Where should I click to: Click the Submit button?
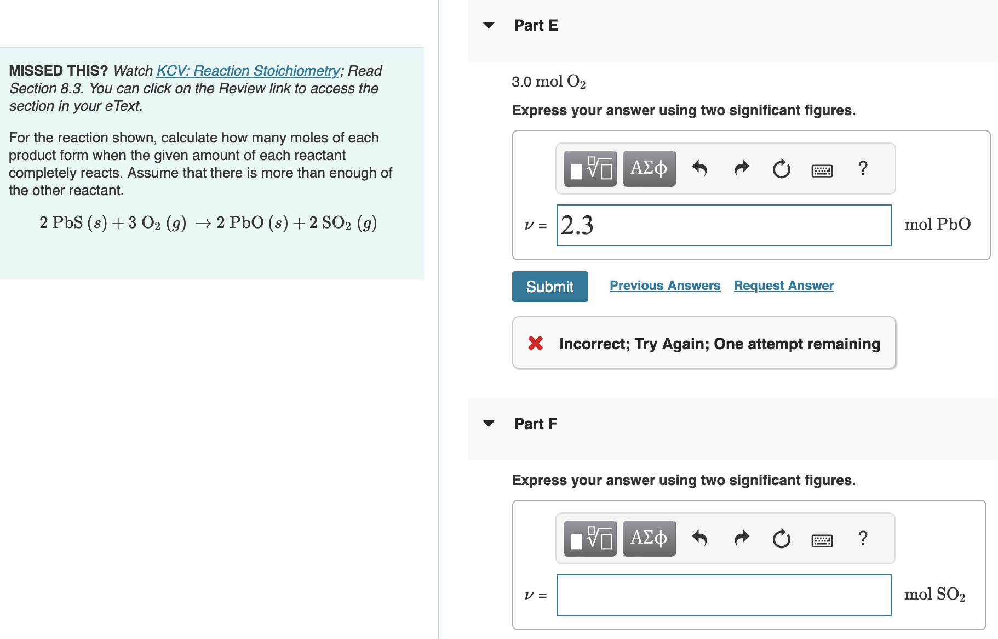pos(549,287)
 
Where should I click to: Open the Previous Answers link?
pos(665,286)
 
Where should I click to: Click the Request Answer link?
pos(783,286)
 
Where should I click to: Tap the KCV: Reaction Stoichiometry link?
pos(248,71)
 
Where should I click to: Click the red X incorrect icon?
pos(535,344)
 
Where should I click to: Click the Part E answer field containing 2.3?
pos(723,225)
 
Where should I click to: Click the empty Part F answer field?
pos(723,595)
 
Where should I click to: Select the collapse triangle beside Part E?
pos(489,25)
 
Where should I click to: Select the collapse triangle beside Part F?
pos(489,424)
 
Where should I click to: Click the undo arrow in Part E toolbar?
pos(699,168)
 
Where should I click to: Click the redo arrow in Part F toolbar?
pos(741,538)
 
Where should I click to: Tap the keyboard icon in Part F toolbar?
pos(822,541)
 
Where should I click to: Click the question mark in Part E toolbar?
pos(863,168)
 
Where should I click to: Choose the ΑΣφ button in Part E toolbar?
pos(649,168)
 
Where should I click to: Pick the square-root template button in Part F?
pos(590,538)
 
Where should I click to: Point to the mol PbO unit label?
pos(937,224)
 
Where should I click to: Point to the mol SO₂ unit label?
pos(934,595)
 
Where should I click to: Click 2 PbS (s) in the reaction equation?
pos(73,223)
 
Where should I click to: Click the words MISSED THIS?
pos(58,71)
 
